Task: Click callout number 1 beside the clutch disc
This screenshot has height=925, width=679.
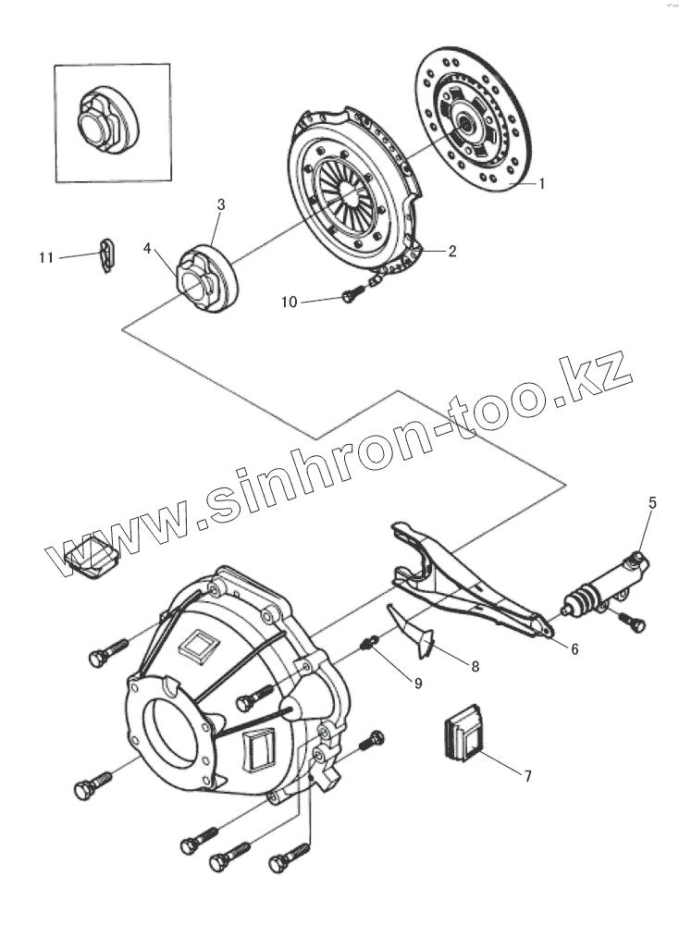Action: tap(541, 183)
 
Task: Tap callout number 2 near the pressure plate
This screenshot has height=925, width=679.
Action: tap(452, 251)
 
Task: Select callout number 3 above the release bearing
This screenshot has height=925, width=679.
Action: tap(221, 204)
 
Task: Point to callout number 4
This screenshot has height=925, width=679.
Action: tap(148, 248)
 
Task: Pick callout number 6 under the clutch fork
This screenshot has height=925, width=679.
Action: tap(574, 649)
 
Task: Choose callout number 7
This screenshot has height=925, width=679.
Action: tap(527, 776)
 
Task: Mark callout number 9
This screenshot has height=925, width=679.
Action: tap(417, 683)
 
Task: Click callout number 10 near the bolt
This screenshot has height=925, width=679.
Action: tap(290, 302)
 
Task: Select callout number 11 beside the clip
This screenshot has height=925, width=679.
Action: tap(46, 257)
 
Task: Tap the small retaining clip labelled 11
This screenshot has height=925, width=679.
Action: tap(108, 254)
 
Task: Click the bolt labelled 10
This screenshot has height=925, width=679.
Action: tap(351, 295)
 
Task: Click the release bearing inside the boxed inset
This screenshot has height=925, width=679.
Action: tap(106, 117)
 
